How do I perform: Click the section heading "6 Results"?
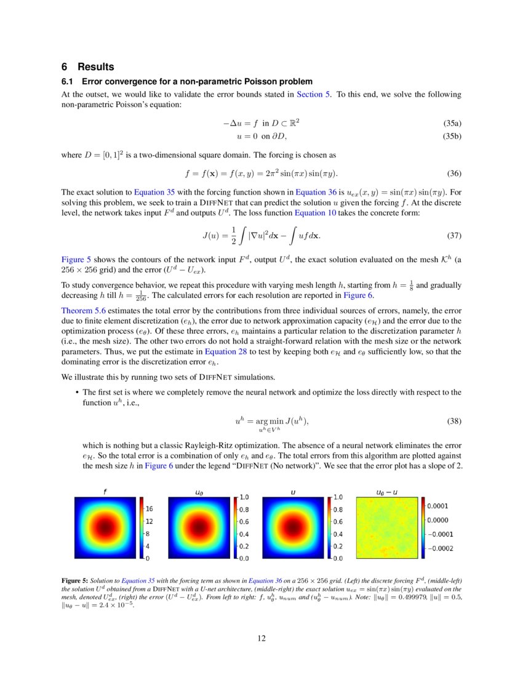click(87, 67)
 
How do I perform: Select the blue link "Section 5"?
click(313, 94)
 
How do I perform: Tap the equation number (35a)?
click(452, 123)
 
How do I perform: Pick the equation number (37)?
click(454, 236)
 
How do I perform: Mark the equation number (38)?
click(454, 422)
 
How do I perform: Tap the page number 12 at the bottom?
click(261, 638)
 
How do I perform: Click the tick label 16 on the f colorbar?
click(150, 510)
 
